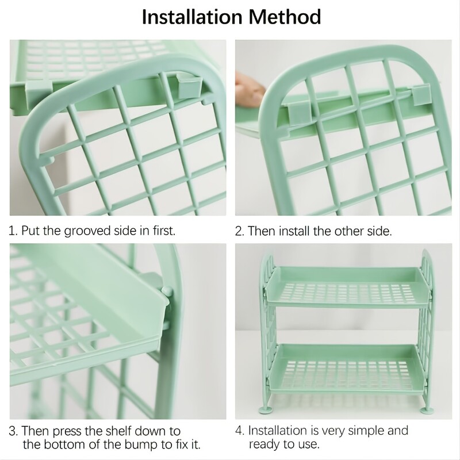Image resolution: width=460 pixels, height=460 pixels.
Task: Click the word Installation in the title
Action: (x=192, y=17)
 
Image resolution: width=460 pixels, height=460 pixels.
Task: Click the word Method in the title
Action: (x=285, y=17)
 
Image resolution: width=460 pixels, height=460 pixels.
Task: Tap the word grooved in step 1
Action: (x=87, y=231)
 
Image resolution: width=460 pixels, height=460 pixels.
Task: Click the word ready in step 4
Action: (x=266, y=444)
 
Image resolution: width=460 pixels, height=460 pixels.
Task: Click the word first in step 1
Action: (x=164, y=231)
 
